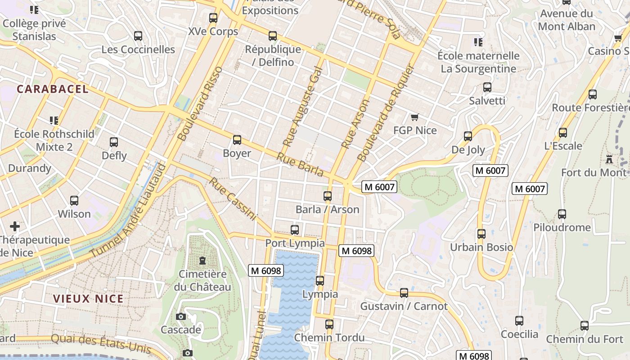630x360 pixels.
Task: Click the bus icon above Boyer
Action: (237, 140)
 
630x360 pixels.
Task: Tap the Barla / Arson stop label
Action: (327, 209)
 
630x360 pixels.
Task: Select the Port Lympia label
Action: (295, 243)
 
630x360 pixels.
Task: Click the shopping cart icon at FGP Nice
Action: (414, 117)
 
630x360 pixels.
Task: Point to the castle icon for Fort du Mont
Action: (609, 159)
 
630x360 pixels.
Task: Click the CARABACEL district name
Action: (53, 89)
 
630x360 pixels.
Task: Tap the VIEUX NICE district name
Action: (88, 299)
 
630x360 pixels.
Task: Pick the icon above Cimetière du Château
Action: (202, 261)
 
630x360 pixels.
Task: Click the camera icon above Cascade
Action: (181, 317)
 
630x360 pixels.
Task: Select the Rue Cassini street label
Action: (233, 199)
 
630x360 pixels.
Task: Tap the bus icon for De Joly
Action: (468, 136)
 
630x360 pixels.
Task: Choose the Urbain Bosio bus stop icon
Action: (481, 234)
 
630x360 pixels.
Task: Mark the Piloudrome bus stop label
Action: (562, 227)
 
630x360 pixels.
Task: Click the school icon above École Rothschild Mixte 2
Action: (54, 121)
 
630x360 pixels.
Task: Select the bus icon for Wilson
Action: (74, 201)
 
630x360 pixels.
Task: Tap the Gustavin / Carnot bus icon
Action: (404, 293)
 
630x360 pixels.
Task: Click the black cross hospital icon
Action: (15, 226)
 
